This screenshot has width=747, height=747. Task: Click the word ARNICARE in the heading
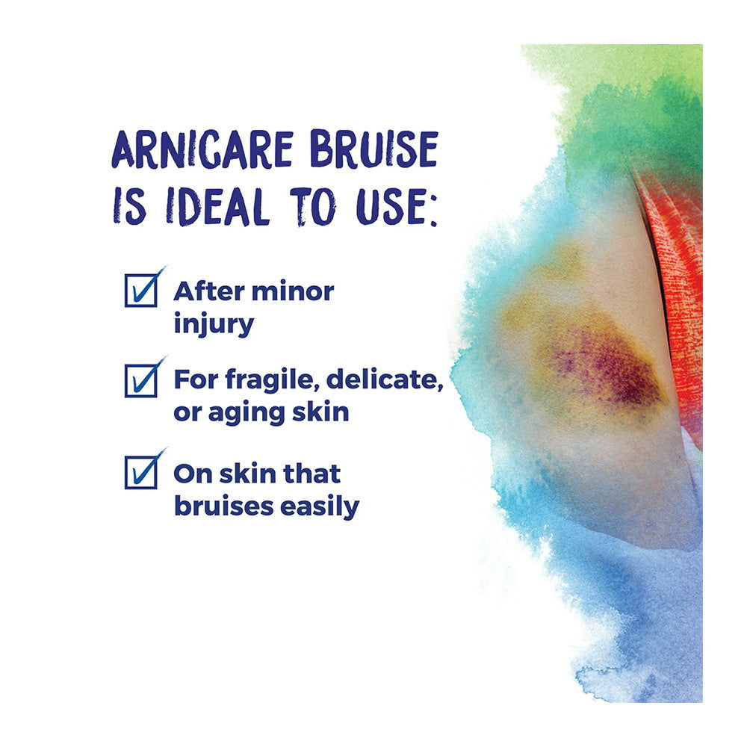(202, 149)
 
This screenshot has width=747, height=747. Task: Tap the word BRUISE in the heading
(373, 149)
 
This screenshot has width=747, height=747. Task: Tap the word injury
(214, 324)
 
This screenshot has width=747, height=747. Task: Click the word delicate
(385, 379)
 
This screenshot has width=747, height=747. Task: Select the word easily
(320, 506)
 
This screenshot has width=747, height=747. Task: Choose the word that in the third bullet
(312, 474)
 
